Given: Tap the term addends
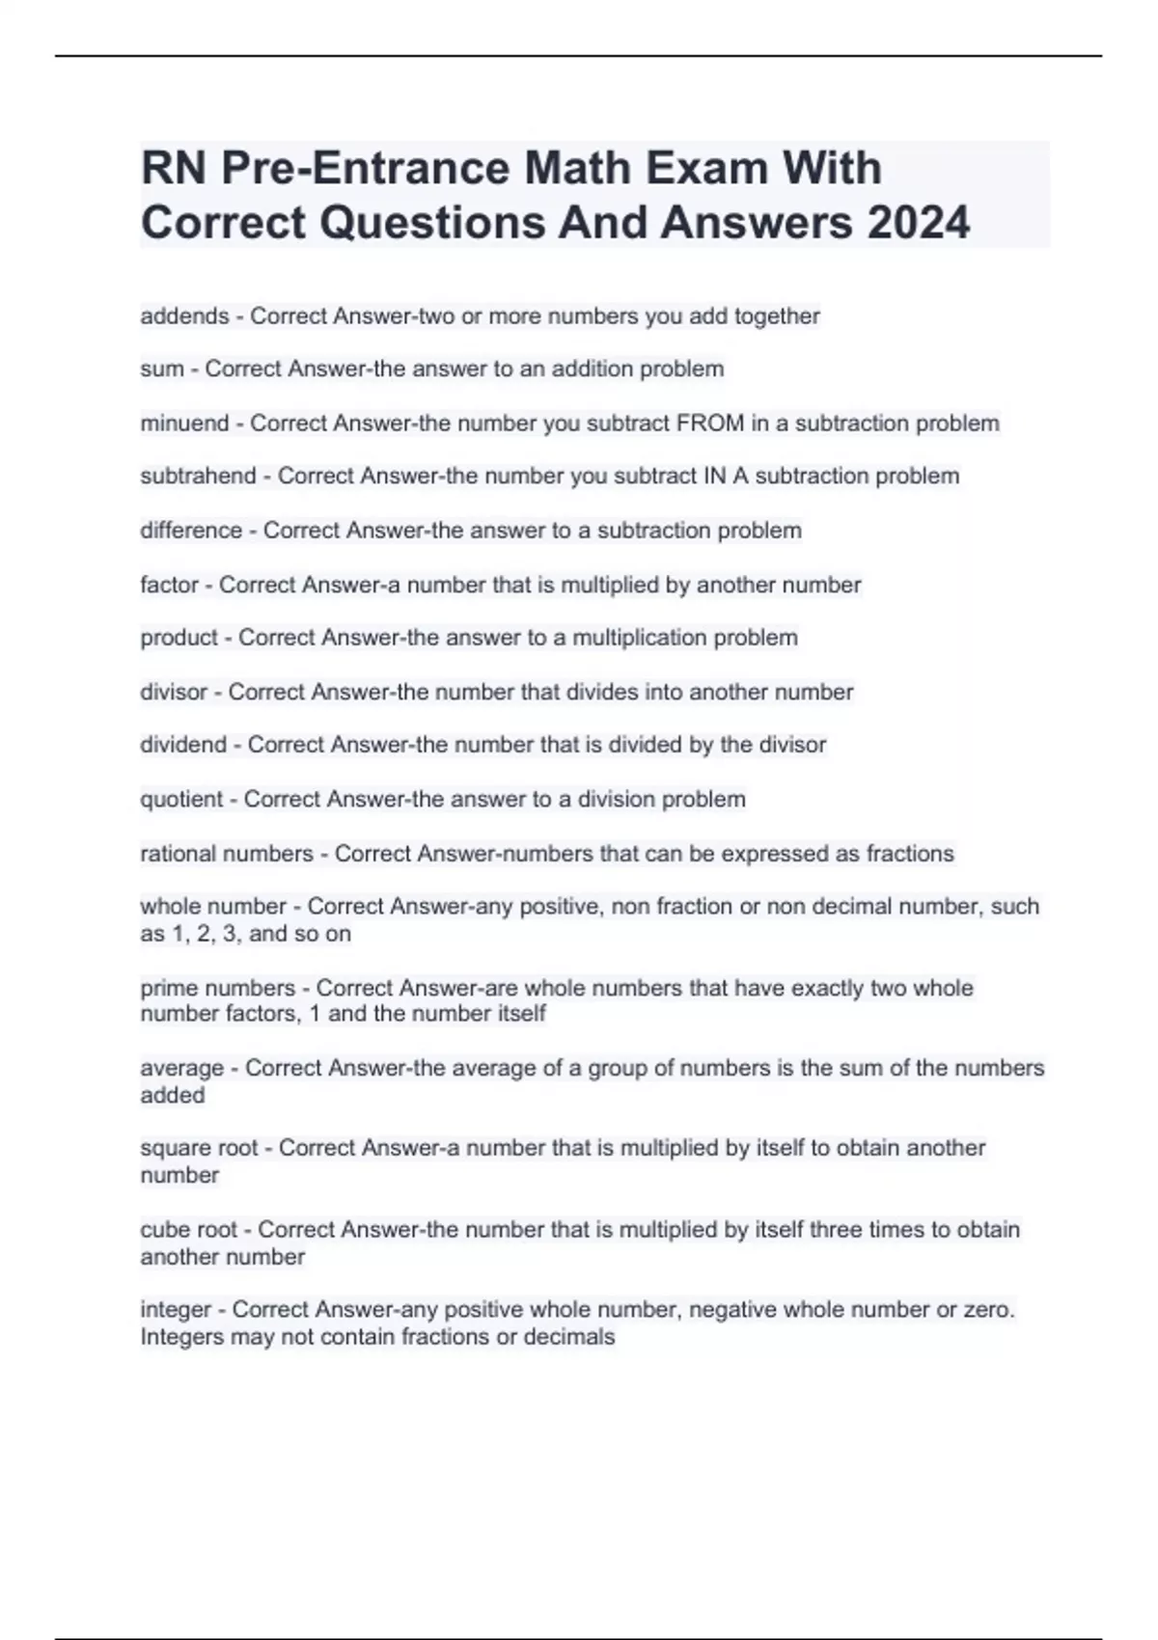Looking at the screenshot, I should [x=184, y=316].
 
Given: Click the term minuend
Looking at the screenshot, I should [x=184, y=424].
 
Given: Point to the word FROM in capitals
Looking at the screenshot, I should [x=710, y=424].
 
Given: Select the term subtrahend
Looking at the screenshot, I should [x=198, y=477].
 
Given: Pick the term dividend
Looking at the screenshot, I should [x=183, y=745].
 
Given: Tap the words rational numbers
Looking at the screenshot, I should [x=227, y=854].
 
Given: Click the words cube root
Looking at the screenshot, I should [x=188, y=1230].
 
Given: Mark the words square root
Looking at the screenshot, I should [x=199, y=1148].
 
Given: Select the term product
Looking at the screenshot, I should [x=179, y=638].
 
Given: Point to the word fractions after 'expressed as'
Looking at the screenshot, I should [x=910, y=854].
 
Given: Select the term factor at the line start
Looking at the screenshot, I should [x=169, y=586].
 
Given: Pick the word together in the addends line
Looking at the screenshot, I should [x=777, y=316].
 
